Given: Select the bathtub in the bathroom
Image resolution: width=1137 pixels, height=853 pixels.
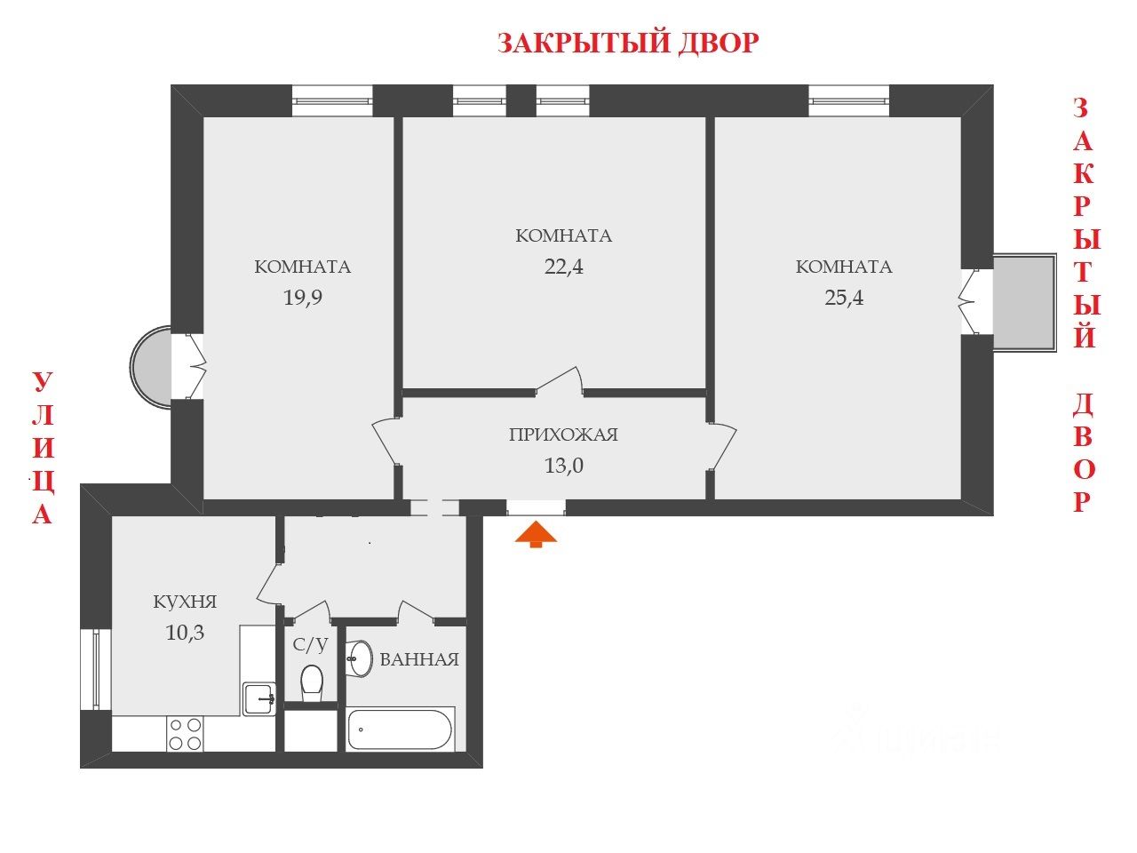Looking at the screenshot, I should [x=401, y=729].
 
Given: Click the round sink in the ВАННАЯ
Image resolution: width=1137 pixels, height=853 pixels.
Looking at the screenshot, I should [x=360, y=658].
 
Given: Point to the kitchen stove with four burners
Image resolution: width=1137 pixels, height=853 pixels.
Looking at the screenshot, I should [x=186, y=734].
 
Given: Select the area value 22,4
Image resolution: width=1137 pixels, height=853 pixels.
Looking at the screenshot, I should [x=563, y=266].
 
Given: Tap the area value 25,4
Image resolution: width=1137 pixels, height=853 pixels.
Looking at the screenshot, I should [x=844, y=297].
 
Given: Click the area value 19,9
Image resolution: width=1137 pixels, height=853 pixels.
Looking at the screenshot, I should [x=302, y=297].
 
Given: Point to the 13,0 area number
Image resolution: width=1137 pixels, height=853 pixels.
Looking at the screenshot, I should [x=563, y=465].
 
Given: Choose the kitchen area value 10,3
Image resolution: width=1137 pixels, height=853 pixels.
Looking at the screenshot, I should [x=185, y=633].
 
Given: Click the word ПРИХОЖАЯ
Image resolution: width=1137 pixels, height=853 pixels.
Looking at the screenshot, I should [x=563, y=435].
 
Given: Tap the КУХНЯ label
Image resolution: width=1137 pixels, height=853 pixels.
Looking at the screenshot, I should [x=185, y=602].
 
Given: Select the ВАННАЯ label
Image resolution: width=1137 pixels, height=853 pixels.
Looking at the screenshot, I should [x=419, y=659].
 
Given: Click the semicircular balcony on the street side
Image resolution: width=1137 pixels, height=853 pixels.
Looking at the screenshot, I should [x=151, y=367].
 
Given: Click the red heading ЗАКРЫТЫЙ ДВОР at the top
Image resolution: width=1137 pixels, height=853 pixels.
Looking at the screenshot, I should [x=627, y=43].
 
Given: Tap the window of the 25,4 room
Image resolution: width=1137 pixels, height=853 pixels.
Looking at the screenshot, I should [x=848, y=100].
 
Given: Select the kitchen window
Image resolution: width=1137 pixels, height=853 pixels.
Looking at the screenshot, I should [x=95, y=669].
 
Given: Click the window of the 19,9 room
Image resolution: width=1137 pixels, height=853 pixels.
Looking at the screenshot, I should [x=332, y=100].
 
